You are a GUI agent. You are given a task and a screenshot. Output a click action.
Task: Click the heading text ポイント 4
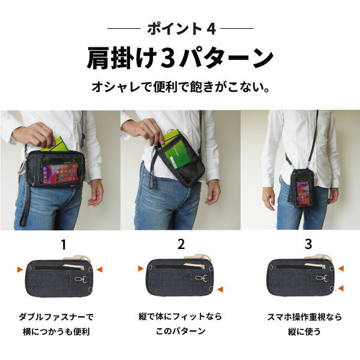181,29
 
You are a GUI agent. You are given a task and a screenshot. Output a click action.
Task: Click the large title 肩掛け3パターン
180,58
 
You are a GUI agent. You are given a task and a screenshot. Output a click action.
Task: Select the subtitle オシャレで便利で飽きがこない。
181,87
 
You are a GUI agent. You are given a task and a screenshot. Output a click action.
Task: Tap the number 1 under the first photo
64,245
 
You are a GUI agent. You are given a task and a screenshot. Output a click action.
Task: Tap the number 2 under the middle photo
181,244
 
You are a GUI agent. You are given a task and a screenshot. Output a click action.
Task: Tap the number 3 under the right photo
308,244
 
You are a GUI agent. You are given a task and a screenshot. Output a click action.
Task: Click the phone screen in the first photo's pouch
60,173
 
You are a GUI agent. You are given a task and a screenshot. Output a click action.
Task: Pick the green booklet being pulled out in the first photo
55,144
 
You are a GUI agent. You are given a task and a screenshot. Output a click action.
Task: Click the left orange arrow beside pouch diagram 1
20,269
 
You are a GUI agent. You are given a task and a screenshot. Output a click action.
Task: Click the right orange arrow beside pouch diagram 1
100,269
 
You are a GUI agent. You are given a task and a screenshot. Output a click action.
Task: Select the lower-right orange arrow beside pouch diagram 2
220,289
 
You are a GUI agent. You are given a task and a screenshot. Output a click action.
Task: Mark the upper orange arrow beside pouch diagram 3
341,268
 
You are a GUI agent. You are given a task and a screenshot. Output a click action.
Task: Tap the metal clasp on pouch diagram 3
321,278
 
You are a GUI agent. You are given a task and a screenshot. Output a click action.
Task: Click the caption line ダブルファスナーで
56,317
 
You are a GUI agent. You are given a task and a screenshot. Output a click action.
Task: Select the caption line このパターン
181,331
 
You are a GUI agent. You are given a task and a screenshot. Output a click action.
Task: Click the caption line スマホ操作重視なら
304,317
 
